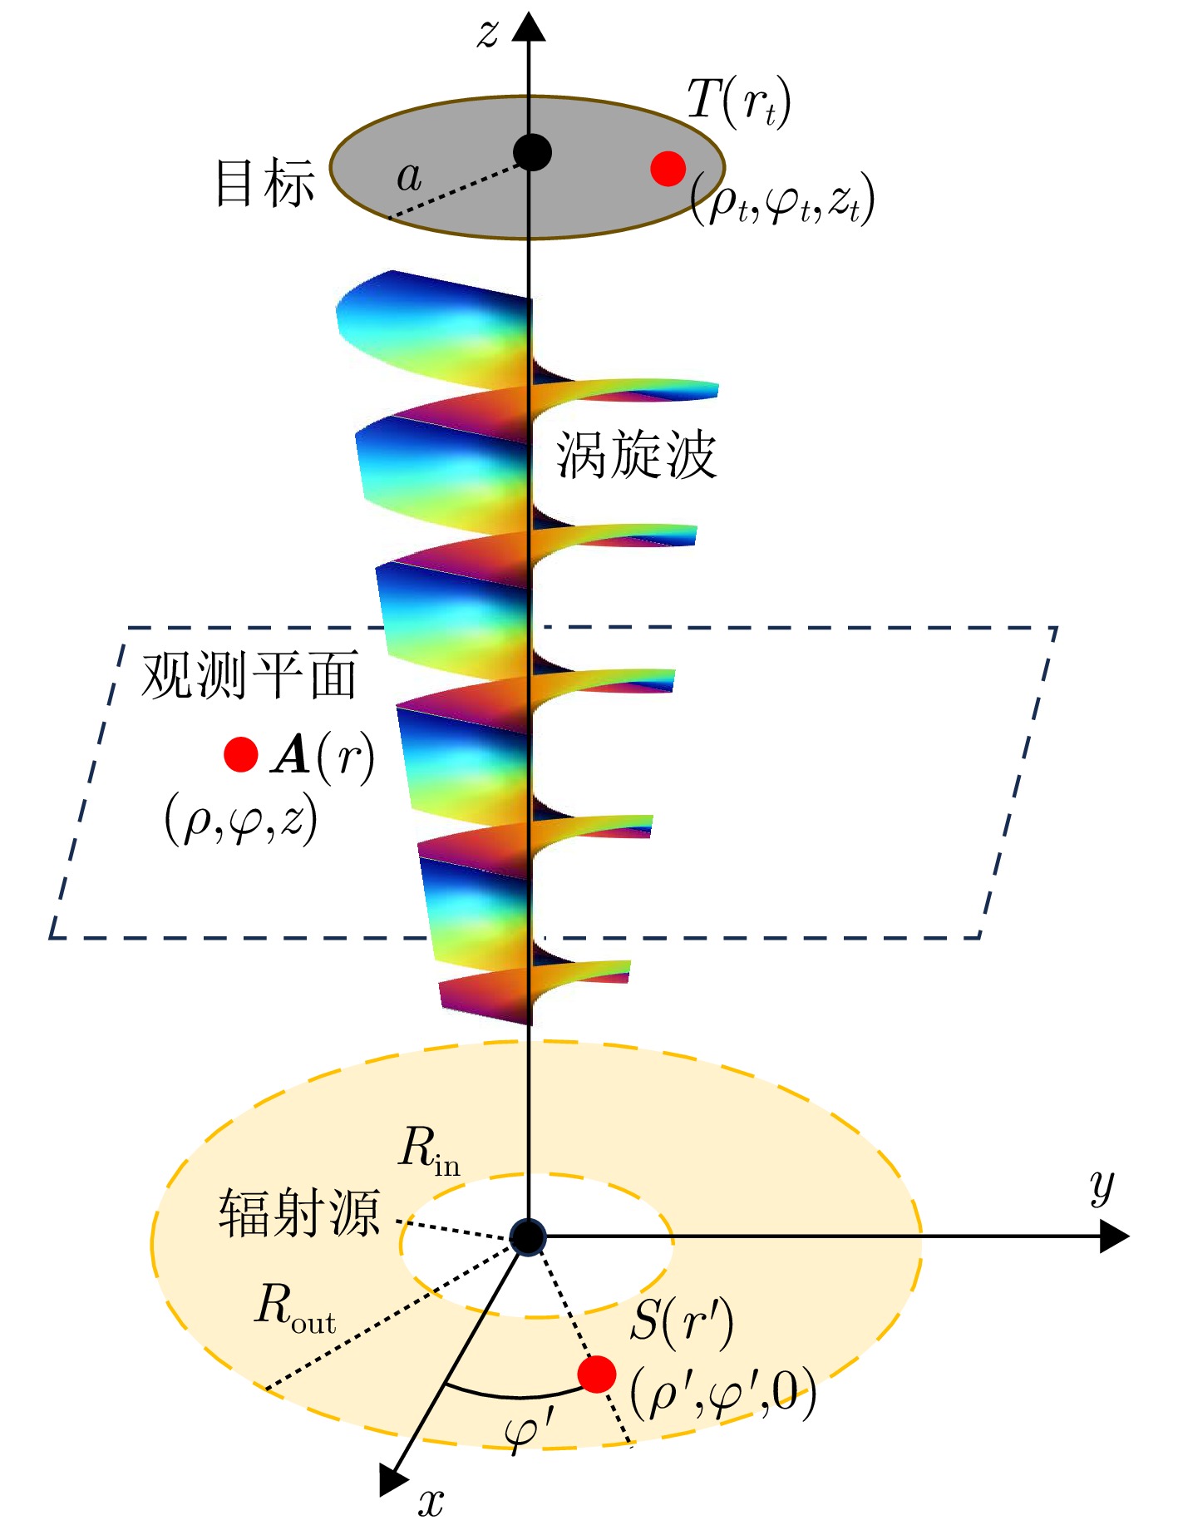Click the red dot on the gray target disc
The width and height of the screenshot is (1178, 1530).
click(x=668, y=169)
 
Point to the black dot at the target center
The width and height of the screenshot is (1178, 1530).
click(x=532, y=152)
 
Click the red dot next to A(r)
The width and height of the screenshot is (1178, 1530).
click(x=241, y=754)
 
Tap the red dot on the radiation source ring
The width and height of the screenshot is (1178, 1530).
click(x=596, y=1374)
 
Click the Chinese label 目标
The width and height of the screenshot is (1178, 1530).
click(x=265, y=183)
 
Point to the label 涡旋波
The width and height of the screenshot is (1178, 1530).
click(x=636, y=455)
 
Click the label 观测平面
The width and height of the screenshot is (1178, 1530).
click(x=249, y=674)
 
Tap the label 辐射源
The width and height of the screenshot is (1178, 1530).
click(x=299, y=1212)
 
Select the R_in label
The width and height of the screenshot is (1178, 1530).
click(x=429, y=1152)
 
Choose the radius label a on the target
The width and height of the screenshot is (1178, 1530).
click(x=409, y=176)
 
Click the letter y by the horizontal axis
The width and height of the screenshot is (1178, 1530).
click(x=1102, y=1187)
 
